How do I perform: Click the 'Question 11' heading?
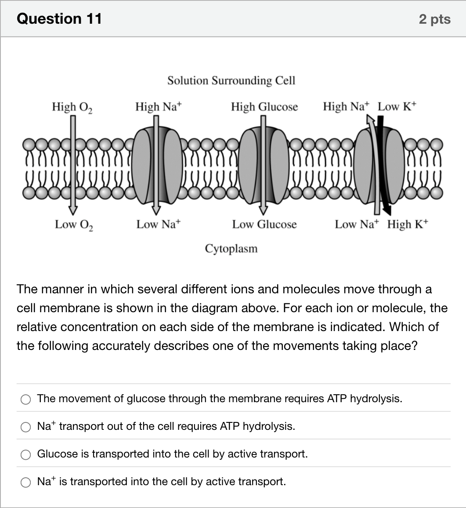[x=59, y=18]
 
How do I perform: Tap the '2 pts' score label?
[x=434, y=19]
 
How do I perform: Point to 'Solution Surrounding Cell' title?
[x=231, y=80]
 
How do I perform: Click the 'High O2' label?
[x=72, y=107]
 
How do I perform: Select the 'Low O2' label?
[x=74, y=224]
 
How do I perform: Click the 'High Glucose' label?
[x=264, y=107]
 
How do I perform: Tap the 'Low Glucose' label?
[x=264, y=224]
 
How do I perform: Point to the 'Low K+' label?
[x=397, y=106]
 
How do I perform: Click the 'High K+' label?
[x=407, y=224]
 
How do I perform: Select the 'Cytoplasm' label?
[x=231, y=249]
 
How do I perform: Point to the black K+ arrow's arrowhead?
[x=387, y=211]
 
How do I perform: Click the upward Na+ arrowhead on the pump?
[x=370, y=120]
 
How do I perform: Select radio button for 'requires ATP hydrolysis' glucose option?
[x=25, y=399]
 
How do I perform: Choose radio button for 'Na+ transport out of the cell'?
[x=25, y=427]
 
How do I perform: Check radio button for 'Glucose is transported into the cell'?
[x=25, y=454]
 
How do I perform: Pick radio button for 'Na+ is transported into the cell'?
[x=25, y=483]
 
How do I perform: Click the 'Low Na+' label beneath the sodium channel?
[x=158, y=224]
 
